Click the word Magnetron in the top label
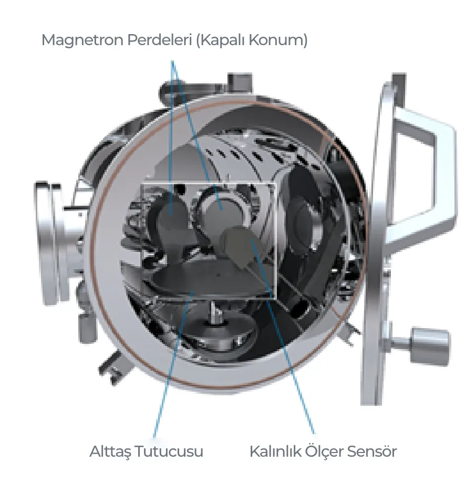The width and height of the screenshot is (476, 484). pos(82,40)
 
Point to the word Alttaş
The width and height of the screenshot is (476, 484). pos(111,451)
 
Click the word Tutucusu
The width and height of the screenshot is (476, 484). pos(170,451)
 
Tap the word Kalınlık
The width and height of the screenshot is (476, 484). pos(275,451)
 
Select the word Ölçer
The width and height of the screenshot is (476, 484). pos(324,451)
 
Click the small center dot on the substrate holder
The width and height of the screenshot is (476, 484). pos(219,275)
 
